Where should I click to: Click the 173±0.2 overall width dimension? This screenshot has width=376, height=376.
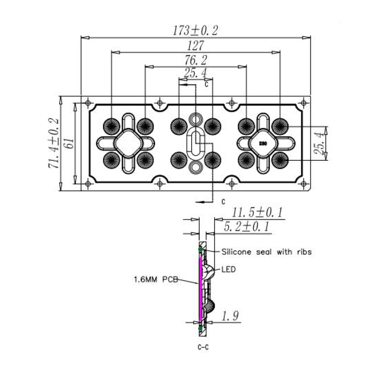[x=196, y=31]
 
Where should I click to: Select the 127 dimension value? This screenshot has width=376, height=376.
[x=196, y=46]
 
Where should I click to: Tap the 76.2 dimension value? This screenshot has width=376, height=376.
[x=196, y=60]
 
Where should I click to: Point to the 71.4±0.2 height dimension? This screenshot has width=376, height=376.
[x=54, y=143]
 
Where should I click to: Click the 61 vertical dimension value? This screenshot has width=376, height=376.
[x=70, y=143]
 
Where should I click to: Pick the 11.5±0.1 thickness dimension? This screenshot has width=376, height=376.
[x=257, y=212]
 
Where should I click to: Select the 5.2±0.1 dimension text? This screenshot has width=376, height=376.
[x=246, y=227]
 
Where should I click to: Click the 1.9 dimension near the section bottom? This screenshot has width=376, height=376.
[x=230, y=316]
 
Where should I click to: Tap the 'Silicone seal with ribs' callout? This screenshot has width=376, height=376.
[x=266, y=252]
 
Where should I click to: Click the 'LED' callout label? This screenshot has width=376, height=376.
[x=228, y=269]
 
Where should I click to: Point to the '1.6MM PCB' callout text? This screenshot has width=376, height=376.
[x=156, y=279]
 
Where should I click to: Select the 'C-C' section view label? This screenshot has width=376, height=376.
[x=203, y=347]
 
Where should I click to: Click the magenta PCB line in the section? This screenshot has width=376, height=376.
[x=200, y=290]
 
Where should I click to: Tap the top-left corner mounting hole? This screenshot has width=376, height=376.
[x=88, y=103]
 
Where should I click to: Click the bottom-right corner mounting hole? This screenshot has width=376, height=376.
[x=303, y=184]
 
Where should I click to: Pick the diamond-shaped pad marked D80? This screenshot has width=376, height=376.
[x=263, y=143]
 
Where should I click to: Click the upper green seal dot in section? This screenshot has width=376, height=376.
[x=200, y=250]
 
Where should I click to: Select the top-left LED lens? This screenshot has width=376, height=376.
[x=111, y=126]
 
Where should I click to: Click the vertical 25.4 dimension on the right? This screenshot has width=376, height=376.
[x=319, y=143]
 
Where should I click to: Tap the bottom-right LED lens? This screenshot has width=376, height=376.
[x=280, y=160]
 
